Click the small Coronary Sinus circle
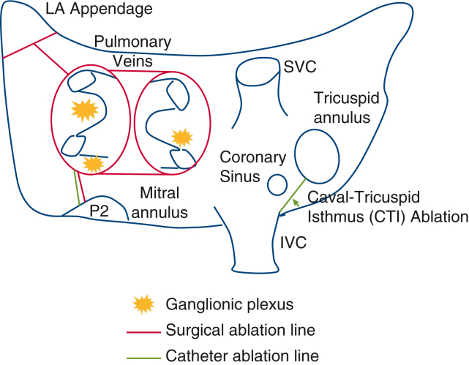click(276, 185)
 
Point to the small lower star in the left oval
click(91, 163)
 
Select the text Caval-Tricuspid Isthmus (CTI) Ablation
click(387, 206)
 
